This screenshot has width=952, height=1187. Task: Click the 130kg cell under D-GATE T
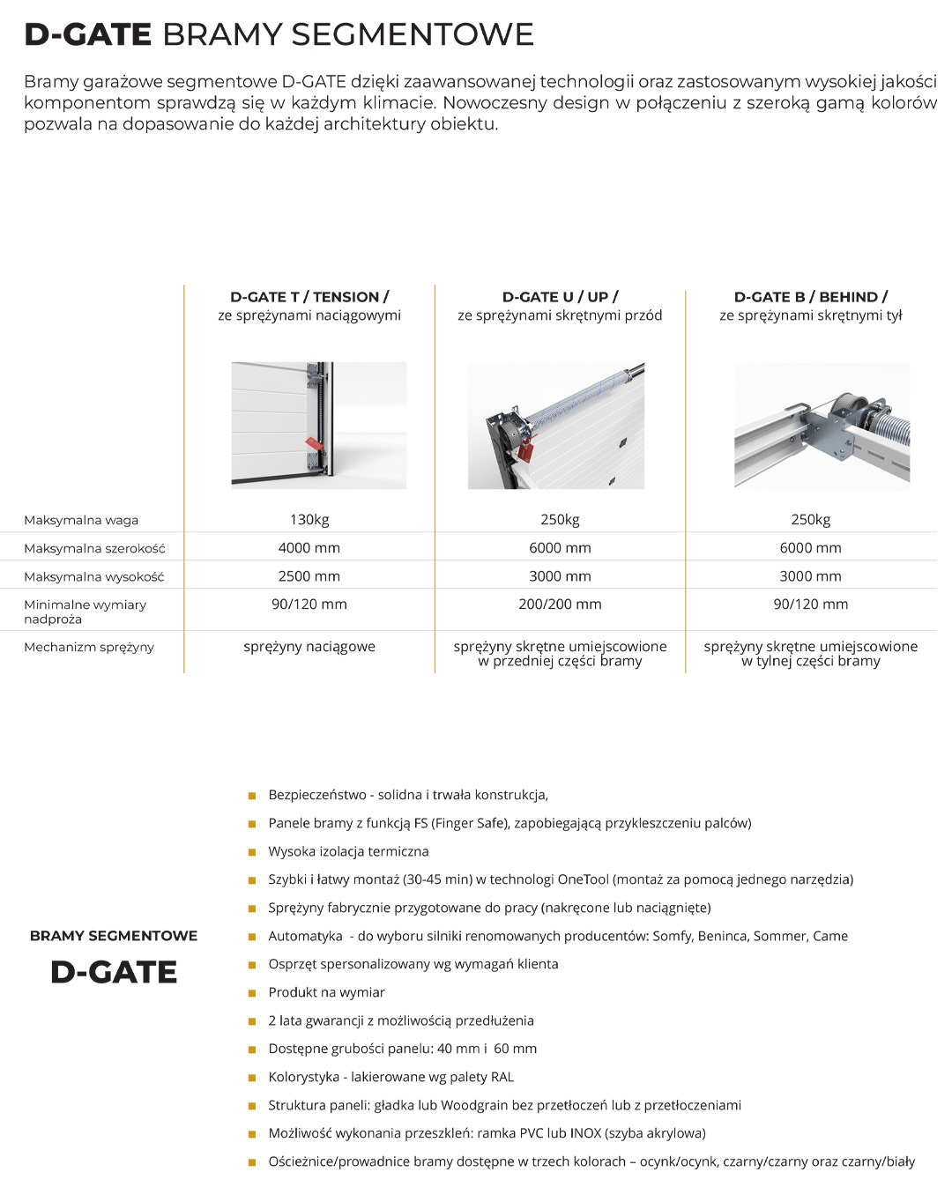(x=309, y=520)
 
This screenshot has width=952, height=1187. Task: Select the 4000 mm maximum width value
(x=309, y=548)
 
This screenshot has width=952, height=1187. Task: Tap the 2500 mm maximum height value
(x=309, y=576)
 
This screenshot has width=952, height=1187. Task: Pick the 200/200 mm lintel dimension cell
(x=560, y=605)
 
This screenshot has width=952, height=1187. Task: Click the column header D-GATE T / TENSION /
(x=309, y=297)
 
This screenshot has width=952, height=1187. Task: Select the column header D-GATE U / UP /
(x=560, y=297)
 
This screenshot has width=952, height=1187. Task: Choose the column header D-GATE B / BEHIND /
(x=811, y=297)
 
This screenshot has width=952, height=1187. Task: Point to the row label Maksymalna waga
(x=81, y=520)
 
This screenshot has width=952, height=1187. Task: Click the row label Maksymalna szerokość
(x=94, y=548)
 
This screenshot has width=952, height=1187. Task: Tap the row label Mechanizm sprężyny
(x=89, y=647)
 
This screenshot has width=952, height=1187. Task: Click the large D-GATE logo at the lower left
(x=114, y=972)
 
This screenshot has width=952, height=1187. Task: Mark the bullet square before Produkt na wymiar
(x=252, y=993)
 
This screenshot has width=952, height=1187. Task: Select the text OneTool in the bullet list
(x=583, y=879)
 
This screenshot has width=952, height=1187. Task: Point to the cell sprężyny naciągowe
(x=309, y=647)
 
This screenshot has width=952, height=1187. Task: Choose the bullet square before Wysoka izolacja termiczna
(x=252, y=852)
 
